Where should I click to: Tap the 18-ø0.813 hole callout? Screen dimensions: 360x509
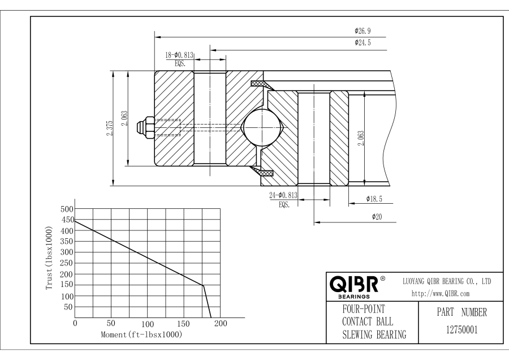(x=180, y=55)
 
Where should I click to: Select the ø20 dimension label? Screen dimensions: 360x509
(x=375, y=217)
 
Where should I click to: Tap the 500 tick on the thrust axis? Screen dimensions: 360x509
(x=66, y=209)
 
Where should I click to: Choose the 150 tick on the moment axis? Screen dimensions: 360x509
(x=184, y=323)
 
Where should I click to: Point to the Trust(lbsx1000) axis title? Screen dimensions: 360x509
(x=50, y=259)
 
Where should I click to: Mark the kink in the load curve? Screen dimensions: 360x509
(x=202, y=285)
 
